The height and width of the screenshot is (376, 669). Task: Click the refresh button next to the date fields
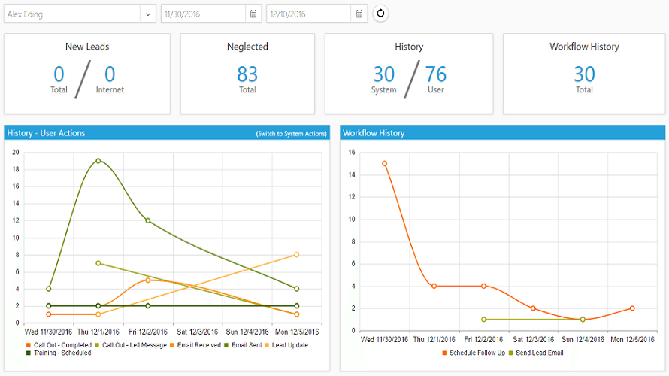tap(380, 14)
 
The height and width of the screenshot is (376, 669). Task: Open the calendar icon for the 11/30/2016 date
tap(253, 14)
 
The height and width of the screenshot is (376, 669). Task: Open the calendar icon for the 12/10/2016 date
tap(359, 14)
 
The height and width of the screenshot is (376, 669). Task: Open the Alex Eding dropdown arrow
tap(147, 14)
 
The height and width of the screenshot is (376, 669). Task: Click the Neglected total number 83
tap(247, 74)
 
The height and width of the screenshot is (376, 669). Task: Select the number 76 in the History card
tap(436, 74)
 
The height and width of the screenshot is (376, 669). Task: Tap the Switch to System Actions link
tap(292, 134)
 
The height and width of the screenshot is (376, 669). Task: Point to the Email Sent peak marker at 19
tap(98, 161)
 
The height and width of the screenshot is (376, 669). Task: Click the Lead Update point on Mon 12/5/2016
tap(296, 255)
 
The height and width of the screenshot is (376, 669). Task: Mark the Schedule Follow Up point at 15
tap(384, 163)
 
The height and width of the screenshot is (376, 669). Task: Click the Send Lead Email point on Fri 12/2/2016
tap(483, 320)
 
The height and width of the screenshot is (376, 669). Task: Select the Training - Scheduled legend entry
tap(59, 353)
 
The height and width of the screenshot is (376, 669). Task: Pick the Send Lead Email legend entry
tap(536, 353)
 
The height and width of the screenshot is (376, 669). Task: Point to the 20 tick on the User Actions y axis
tap(16, 153)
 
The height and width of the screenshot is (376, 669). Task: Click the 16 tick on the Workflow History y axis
tap(352, 153)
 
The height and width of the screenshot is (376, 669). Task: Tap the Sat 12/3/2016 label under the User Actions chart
tap(197, 332)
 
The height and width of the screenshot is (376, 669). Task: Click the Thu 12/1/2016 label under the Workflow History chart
tap(434, 339)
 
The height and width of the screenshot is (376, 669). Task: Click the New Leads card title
tap(87, 47)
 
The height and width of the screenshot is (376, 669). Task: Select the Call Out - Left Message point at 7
tap(98, 263)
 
